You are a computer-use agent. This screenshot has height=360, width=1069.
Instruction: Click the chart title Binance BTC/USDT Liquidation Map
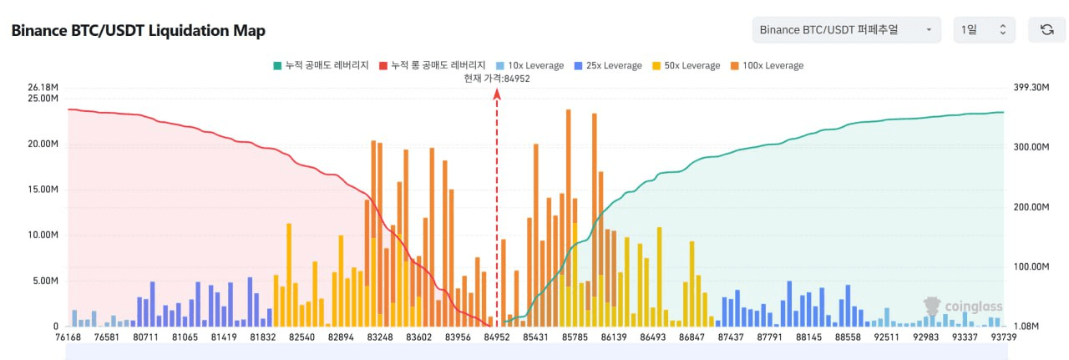[138, 31]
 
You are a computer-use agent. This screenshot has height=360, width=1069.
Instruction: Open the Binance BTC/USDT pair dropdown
[846, 30]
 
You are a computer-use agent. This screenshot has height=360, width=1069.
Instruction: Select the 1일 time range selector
[984, 30]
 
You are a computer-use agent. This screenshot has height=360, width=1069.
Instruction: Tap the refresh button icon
[1046, 30]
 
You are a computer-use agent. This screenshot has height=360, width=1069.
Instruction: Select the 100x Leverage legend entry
[767, 65]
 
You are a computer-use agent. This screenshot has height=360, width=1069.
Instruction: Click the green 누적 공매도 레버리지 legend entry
[321, 65]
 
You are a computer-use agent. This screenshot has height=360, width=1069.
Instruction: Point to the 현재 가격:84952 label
[497, 78]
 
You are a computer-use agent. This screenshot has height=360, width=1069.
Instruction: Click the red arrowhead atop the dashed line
[497, 94]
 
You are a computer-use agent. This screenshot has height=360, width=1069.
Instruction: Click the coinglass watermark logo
[962, 306]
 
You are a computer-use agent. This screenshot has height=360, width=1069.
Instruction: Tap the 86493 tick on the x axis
[653, 337]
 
